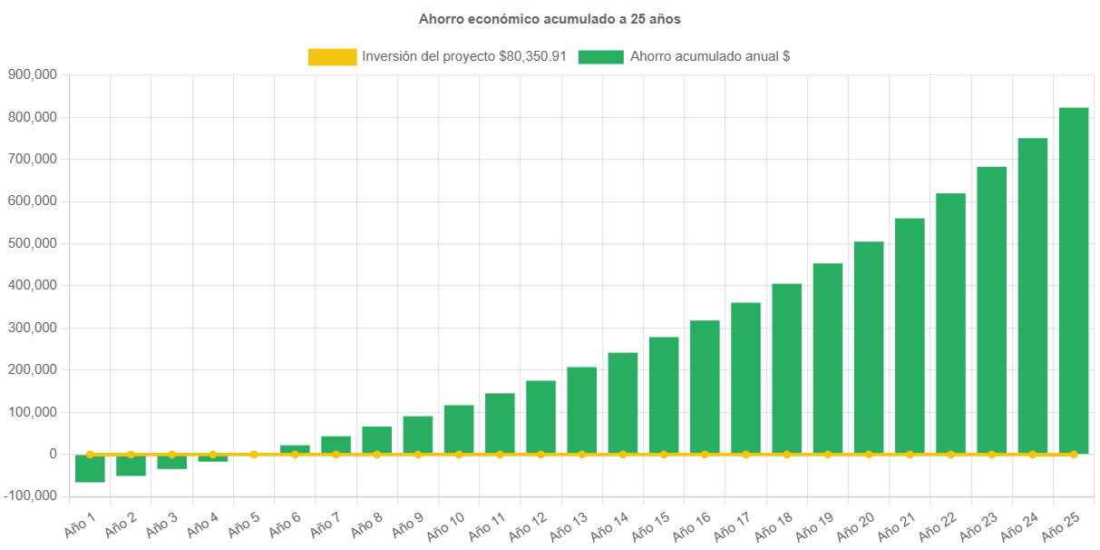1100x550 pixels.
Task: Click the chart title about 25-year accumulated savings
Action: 550,18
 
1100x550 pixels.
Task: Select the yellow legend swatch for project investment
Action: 332,56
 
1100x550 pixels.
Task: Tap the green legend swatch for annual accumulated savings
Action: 600,56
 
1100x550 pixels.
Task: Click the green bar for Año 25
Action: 1074,281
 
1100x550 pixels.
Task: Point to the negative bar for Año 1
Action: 90,469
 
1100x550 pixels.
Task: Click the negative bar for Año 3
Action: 171,463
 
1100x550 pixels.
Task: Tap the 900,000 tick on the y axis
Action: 33,74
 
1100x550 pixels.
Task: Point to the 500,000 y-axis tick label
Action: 33,243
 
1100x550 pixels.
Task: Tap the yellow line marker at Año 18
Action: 787,454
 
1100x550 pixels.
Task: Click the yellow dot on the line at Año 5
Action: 254,454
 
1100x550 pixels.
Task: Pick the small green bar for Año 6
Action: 295,448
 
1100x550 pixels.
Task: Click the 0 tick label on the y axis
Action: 54,454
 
